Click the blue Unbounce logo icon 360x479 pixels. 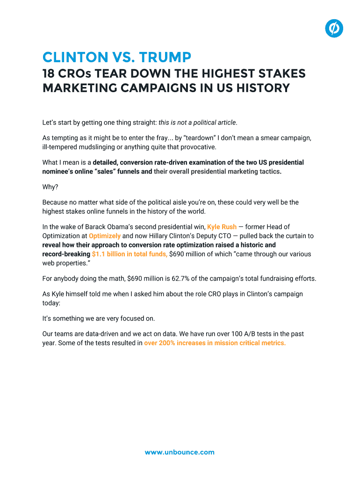[334, 29]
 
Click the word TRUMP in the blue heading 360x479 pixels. [164, 58]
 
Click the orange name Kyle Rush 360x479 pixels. [222, 227]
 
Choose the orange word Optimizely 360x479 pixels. [104, 236]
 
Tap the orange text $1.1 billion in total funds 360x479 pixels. [130, 254]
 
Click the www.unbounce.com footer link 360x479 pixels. [180, 452]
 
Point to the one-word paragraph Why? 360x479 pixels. [50, 187]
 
